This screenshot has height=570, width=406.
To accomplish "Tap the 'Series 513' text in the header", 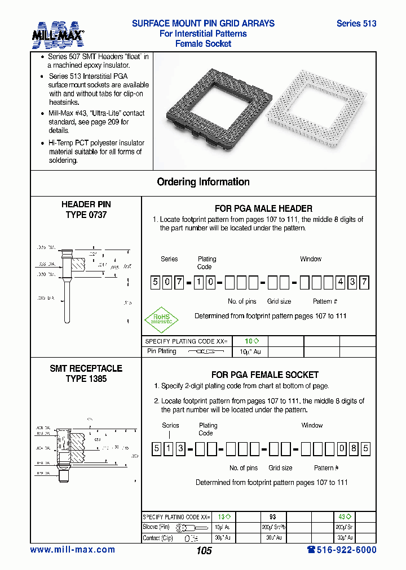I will [356, 24].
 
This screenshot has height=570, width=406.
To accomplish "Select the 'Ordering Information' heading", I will [203, 182].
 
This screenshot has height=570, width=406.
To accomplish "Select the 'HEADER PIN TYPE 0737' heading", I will [86, 210].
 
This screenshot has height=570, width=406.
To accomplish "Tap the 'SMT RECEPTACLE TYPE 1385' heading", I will [86, 373].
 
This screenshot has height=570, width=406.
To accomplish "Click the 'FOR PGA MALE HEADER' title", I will [263, 208].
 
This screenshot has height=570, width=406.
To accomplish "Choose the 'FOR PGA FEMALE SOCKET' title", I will [264, 375].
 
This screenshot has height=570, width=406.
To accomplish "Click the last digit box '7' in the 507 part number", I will [364, 283].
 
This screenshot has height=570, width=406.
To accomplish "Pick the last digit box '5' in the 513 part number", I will [366, 449].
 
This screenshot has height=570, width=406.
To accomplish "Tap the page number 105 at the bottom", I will [204, 550].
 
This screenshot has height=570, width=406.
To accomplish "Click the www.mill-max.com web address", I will [72, 550].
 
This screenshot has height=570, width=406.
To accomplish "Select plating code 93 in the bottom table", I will [272, 516].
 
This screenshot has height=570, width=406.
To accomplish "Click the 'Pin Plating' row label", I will [162, 351].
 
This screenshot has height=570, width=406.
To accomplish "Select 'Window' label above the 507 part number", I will [310, 259].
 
